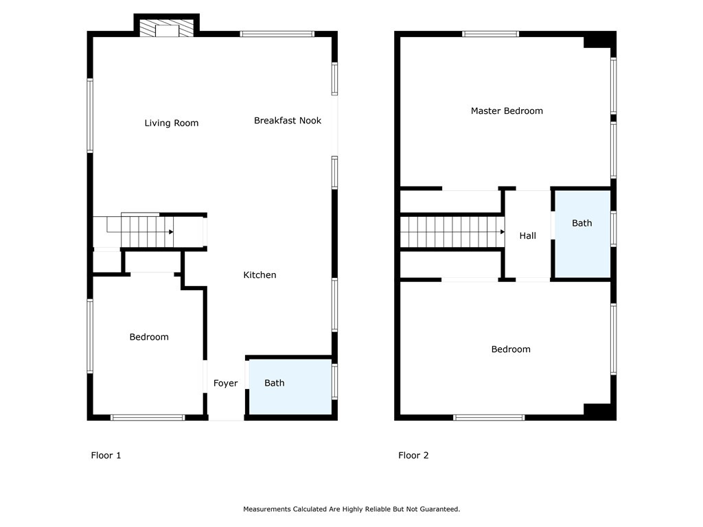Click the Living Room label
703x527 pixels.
(171, 124)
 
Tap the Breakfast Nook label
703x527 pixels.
(288, 121)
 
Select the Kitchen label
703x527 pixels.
(260, 275)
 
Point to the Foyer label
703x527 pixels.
(225, 383)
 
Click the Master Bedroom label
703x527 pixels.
(507, 110)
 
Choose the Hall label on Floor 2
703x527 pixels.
(528, 236)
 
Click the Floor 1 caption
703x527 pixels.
(106, 456)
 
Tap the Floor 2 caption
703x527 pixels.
(413, 456)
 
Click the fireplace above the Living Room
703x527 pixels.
(167, 27)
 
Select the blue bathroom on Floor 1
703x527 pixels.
(290, 387)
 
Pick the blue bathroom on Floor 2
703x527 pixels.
(583, 234)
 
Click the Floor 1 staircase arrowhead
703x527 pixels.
(171, 232)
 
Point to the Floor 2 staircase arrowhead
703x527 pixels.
(503, 232)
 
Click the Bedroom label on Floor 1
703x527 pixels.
(149, 337)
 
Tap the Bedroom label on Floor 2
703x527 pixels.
(511, 349)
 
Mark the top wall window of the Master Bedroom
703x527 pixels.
(490, 34)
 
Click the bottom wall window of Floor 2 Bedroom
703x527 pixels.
(489, 418)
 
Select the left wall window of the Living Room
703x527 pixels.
(90, 115)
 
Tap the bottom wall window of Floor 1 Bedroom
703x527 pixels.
(148, 418)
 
